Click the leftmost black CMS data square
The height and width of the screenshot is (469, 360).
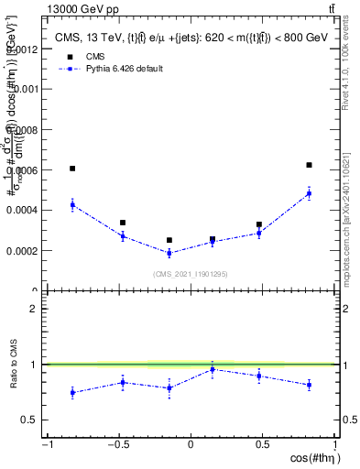click(72, 169)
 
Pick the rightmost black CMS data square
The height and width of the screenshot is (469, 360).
click(309, 165)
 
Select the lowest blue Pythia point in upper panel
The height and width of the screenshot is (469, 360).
click(169, 253)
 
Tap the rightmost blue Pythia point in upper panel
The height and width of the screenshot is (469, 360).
click(309, 193)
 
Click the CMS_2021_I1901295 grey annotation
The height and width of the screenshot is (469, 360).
click(191, 274)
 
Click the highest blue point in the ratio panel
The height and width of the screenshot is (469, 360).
click(213, 369)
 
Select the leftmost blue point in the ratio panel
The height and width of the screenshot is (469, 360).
click(72, 392)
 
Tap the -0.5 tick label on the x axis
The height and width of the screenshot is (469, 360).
click(117, 445)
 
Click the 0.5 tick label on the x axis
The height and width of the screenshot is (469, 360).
click(263, 445)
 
